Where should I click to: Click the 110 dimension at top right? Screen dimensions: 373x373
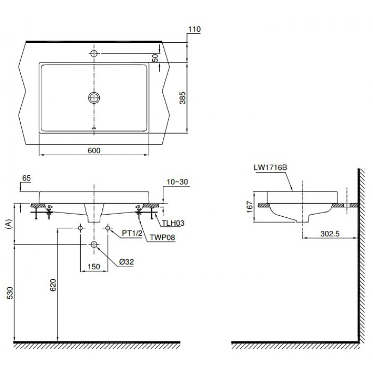pos(194,29)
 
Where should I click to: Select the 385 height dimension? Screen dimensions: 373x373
pos(184,97)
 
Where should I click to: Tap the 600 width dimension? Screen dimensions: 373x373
pos(94,151)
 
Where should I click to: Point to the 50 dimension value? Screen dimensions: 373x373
pos(156,58)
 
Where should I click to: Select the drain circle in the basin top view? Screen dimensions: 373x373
pos(94,97)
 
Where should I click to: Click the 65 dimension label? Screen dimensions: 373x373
pos(27,178)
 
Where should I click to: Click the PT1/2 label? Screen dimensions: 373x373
pos(133,233)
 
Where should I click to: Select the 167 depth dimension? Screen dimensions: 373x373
pos(249,208)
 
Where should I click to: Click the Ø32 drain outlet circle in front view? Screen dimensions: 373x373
pos(94,244)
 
